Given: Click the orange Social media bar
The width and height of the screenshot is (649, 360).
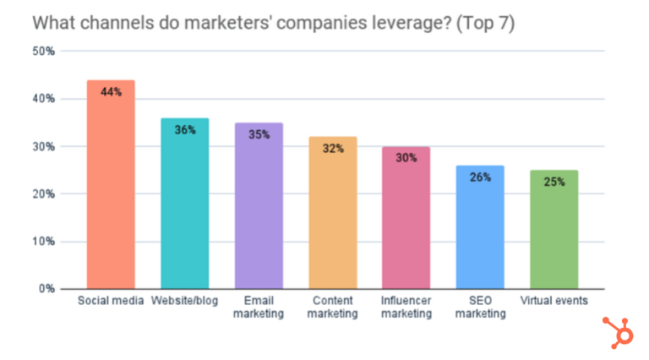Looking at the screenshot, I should click(111, 194).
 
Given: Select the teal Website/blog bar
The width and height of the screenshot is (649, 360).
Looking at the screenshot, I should click(184, 211).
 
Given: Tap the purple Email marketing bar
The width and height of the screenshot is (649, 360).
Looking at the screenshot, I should click(259, 215).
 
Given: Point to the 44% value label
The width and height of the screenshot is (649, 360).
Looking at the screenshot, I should click(111, 91).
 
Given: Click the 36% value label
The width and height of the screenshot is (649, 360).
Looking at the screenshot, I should click(185, 130).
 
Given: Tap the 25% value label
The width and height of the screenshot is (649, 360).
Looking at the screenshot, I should click(554, 182).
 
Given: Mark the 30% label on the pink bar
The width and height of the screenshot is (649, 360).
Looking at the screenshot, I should click(406, 157).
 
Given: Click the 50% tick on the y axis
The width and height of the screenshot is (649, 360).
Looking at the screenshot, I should click(44, 52).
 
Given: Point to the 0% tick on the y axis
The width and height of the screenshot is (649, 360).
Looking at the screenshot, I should click(46, 289).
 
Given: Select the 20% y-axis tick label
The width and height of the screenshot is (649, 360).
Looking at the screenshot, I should click(44, 194).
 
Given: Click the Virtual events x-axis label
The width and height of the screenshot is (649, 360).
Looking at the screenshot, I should click(554, 301).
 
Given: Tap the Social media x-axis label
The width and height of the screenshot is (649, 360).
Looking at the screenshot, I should click(111, 301).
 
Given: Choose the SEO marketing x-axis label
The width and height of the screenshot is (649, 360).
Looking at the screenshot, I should click(480, 308).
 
